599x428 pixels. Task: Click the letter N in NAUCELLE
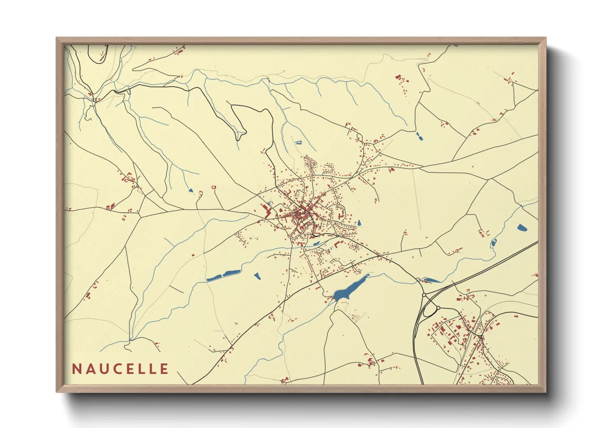[76, 369]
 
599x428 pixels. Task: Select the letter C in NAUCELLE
[115, 369]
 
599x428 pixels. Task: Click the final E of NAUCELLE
[164, 369]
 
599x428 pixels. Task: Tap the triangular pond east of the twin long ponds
[257, 276]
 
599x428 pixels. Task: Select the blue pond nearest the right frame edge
[522, 227]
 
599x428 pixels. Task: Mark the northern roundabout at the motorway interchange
[424, 295]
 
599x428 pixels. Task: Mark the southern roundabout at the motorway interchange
[438, 308]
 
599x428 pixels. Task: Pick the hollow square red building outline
[214, 187]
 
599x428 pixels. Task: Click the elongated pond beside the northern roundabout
[432, 280]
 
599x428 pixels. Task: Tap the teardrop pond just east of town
[359, 222]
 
